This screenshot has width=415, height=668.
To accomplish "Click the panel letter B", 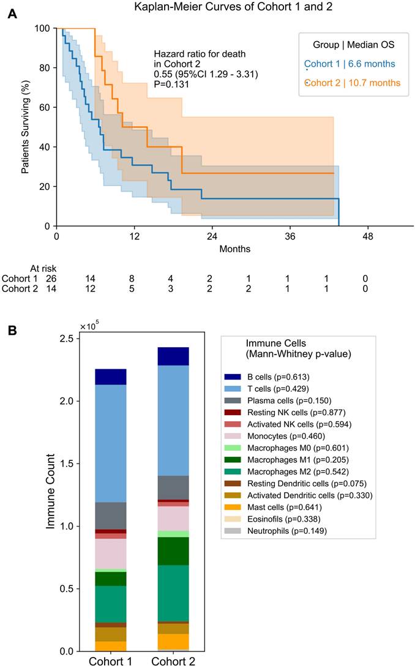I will pos(12,330).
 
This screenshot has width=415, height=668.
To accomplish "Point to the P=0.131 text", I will pos(171,84).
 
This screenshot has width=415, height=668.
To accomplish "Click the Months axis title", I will pos(235,249).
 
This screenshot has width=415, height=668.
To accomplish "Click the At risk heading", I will pos(43,268).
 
